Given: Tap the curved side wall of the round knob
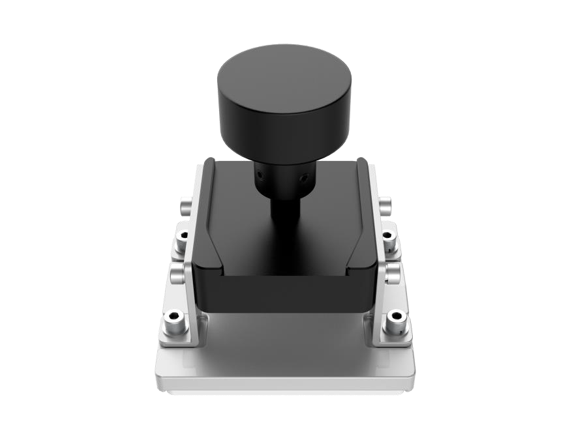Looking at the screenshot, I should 284,134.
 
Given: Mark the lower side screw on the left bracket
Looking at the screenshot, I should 178,272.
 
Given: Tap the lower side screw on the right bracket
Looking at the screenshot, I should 391,272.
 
